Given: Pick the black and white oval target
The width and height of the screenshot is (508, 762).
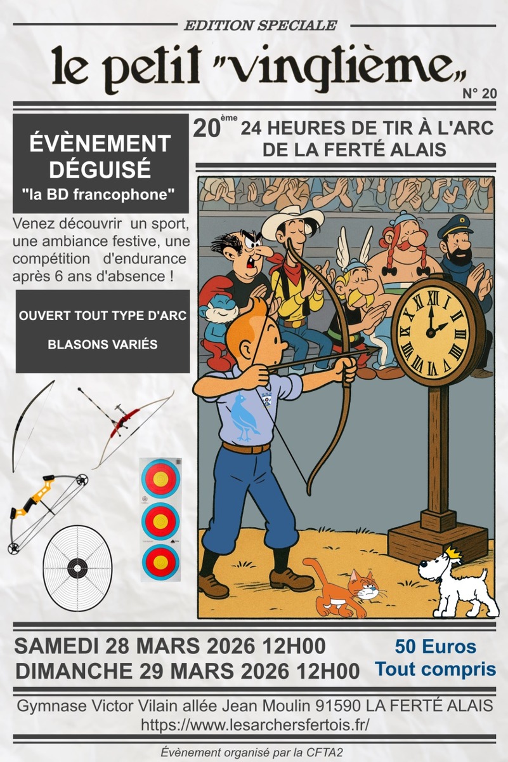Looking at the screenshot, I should tap(77, 567).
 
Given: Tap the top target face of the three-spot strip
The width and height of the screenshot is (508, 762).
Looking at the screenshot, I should tap(160, 478).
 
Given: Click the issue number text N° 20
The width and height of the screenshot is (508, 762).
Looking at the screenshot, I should tap(479, 94).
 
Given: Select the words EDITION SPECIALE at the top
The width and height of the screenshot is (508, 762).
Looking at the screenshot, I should tap(259, 25).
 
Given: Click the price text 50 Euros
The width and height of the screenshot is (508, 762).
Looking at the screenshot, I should tap(435, 647).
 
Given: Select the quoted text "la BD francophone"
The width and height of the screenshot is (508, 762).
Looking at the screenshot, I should tap(101, 194).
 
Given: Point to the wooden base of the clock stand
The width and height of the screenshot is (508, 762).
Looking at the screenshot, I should tap(438, 540).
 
